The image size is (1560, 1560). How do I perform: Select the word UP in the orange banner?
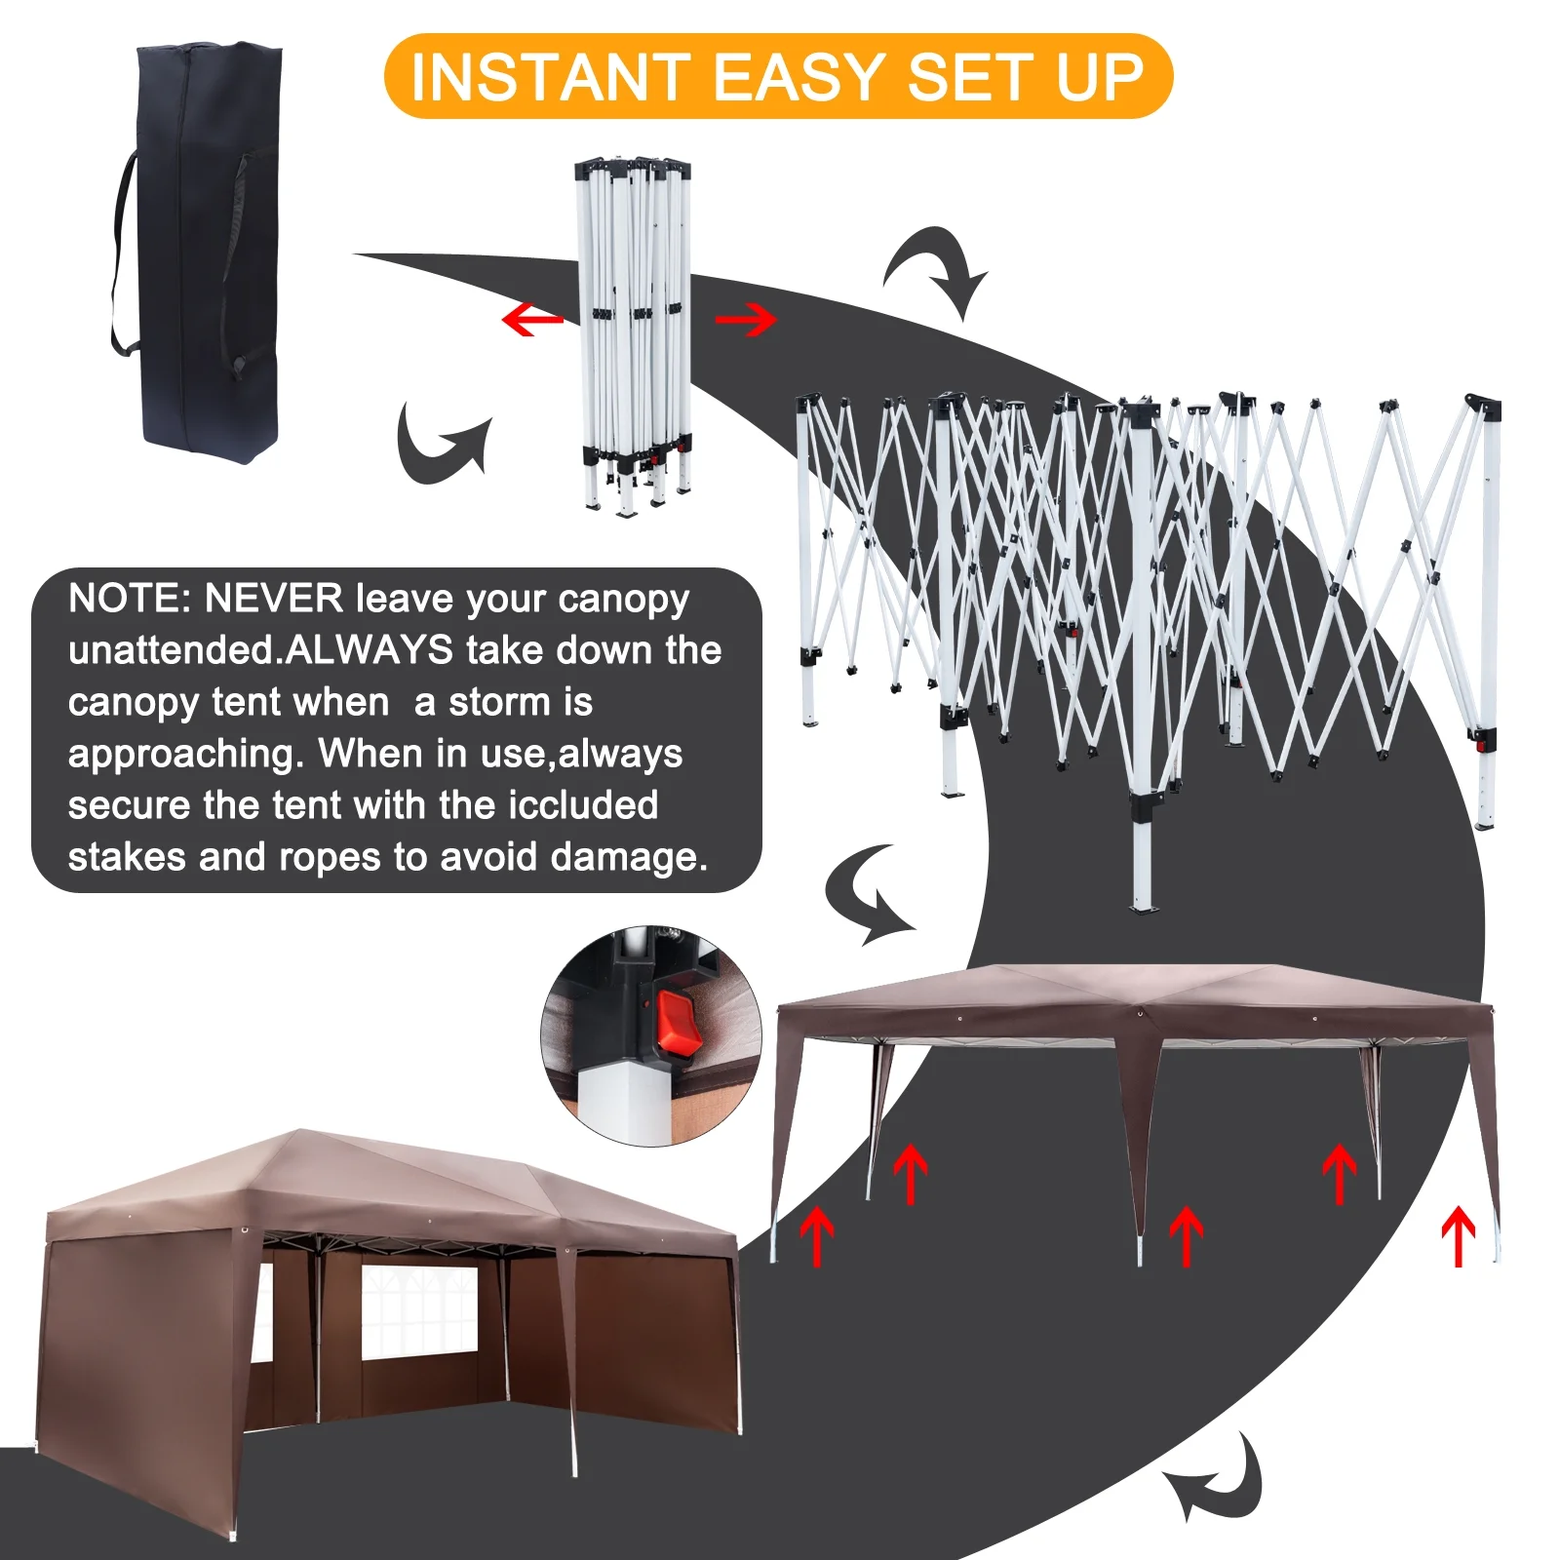(x=1099, y=78)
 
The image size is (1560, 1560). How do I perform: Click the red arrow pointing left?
(x=531, y=319)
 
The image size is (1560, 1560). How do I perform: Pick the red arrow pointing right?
(x=746, y=319)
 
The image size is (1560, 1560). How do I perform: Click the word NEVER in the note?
(x=273, y=599)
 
